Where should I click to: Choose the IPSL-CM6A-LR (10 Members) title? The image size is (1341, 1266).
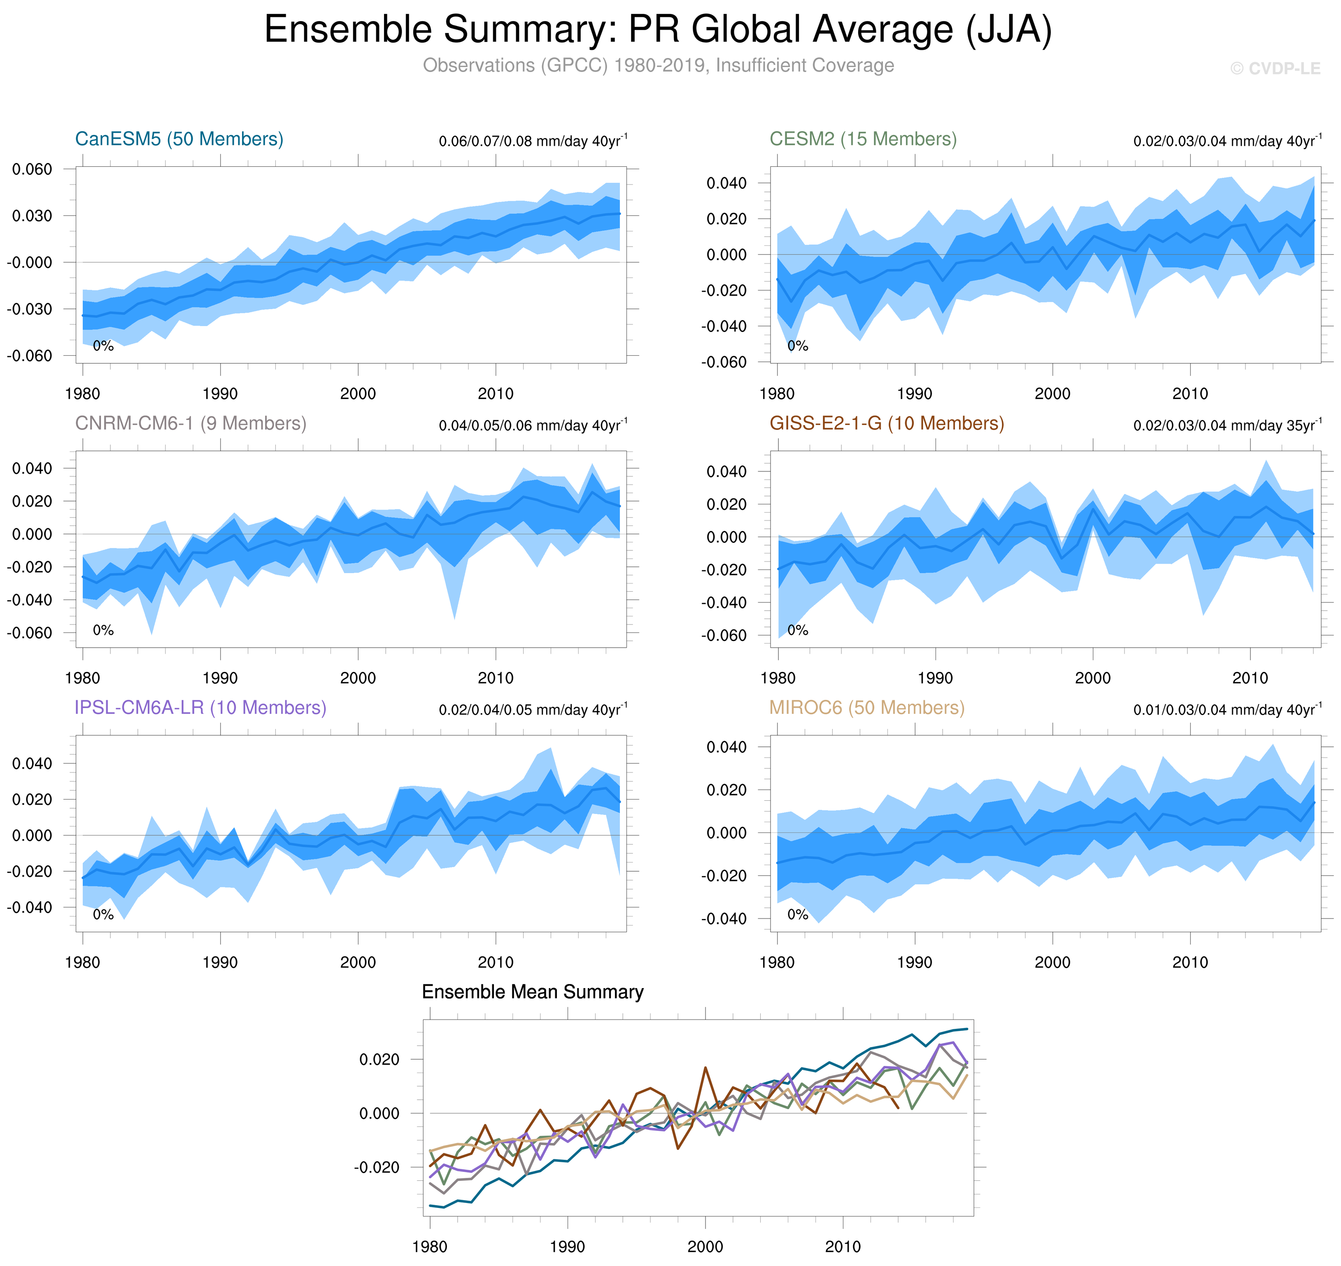tap(200, 707)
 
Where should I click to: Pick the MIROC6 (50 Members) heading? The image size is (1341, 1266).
tap(867, 707)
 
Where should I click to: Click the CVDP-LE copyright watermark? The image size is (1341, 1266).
tap(1275, 69)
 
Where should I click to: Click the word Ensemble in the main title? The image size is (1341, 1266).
tap(348, 30)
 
